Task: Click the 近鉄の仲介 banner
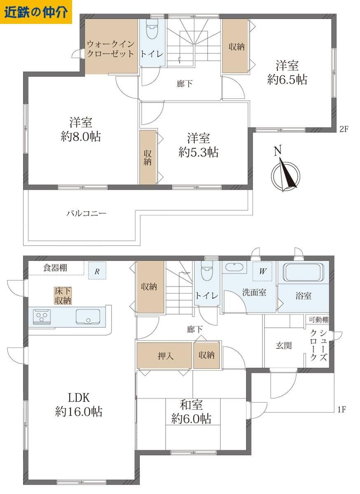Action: click(x=36, y=12)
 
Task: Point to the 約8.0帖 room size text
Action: click(x=81, y=137)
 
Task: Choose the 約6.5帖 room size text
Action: click(x=287, y=79)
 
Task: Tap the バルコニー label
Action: click(x=86, y=213)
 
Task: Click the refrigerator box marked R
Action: click(x=97, y=270)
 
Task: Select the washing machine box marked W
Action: click(x=262, y=271)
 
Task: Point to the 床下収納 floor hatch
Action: click(x=63, y=296)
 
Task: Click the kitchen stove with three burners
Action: click(x=42, y=317)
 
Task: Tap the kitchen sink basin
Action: click(x=88, y=317)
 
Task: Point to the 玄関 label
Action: click(x=284, y=345)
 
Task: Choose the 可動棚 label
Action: click(x=318, y=319)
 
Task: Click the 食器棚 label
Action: click(x=55, y=268)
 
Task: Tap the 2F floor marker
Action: click(x=344, y=129)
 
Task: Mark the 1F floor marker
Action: click(x=341, y=410)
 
